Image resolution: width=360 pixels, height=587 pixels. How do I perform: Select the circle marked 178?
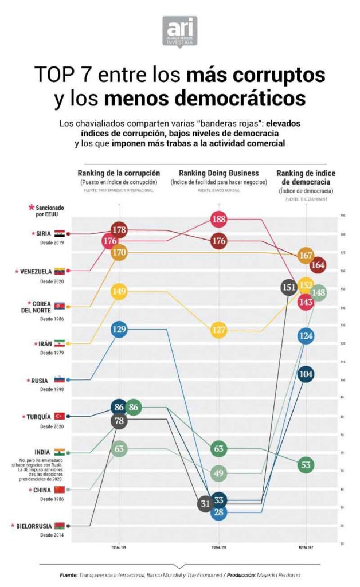tap(119, 230)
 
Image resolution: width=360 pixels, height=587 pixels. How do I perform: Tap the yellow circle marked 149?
tap(119, 292)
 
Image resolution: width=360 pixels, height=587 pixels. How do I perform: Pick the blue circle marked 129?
tap(119, 330)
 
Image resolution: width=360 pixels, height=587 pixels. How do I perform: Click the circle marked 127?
tap(218, 331)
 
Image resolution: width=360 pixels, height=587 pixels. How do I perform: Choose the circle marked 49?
tap(218, 473)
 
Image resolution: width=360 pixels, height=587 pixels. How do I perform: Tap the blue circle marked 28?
tap(218, 512)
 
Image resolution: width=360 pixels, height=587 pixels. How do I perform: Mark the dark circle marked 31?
tap(205, 504)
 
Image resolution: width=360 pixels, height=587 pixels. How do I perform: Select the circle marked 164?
tap(319, 265)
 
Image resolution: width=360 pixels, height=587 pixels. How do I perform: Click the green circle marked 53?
tap(306, 464)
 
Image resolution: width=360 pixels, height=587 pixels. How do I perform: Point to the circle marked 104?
tap(306, 374)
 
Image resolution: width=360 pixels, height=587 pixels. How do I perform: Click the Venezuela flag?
tap(59, 270)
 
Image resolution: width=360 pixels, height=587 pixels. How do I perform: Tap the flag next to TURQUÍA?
tap(59, 416)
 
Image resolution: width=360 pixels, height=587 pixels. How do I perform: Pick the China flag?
tap(59, 490)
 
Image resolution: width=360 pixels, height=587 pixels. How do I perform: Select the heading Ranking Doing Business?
tap(218, 173)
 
